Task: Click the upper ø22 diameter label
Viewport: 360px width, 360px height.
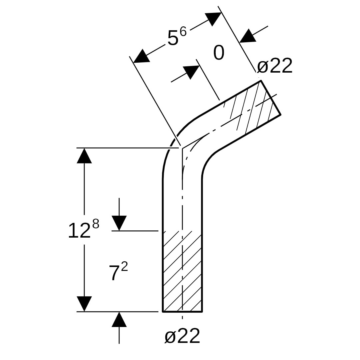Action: click(275, 66)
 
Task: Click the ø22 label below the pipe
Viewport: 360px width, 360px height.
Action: click(182, 336)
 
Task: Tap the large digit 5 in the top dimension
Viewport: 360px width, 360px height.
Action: click(173, 39)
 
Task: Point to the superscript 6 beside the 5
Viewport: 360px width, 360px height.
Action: click(183, 32)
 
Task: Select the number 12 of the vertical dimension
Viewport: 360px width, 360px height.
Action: click(79, 231)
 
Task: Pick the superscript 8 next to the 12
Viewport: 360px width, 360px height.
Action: click(95, 224)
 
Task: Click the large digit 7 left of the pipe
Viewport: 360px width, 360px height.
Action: click(114, 273)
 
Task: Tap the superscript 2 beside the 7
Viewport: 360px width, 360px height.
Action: click(124, 267)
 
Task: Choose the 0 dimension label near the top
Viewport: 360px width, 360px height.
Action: click(219, 53)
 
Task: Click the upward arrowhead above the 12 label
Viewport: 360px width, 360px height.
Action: click(84, 156)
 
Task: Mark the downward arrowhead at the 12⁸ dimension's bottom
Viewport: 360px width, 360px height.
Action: click(84, 304)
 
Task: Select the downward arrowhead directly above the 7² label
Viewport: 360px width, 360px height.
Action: click(119, 223)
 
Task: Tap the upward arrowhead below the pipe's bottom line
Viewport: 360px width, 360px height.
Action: click(119, 320)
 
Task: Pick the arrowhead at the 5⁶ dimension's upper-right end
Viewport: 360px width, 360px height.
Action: click(213, 18)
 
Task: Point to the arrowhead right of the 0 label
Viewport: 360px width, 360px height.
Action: click(248, 36)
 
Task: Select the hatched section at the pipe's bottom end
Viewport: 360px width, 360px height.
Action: click(182, 272)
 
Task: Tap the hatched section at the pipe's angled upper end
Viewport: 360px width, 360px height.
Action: click(255, 107)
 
